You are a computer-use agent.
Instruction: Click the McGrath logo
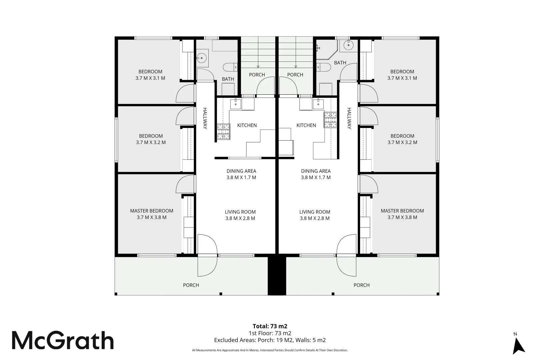pos(63,340)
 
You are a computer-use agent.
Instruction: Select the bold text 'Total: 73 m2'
pos(270,326)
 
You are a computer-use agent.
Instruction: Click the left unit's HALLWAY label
pos(205,118)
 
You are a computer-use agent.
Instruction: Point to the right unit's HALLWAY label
pos(349,118)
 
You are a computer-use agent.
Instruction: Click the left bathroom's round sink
pos(200,58)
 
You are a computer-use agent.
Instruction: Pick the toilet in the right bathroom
pos(324,67)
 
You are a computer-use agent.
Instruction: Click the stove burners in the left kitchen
pos(224,132)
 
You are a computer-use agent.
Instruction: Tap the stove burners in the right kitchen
pos(330,120)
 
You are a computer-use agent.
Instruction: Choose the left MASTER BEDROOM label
pos(152,211)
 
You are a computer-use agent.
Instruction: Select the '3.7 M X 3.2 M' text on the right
pos(402,142)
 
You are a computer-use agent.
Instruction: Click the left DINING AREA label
pos(241,171)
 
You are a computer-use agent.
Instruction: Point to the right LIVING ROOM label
pos(315,212)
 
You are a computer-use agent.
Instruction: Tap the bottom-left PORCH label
pos(191,285)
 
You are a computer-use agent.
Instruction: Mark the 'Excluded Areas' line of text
pos(270,340)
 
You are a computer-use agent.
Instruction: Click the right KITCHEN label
pos(306,125)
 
